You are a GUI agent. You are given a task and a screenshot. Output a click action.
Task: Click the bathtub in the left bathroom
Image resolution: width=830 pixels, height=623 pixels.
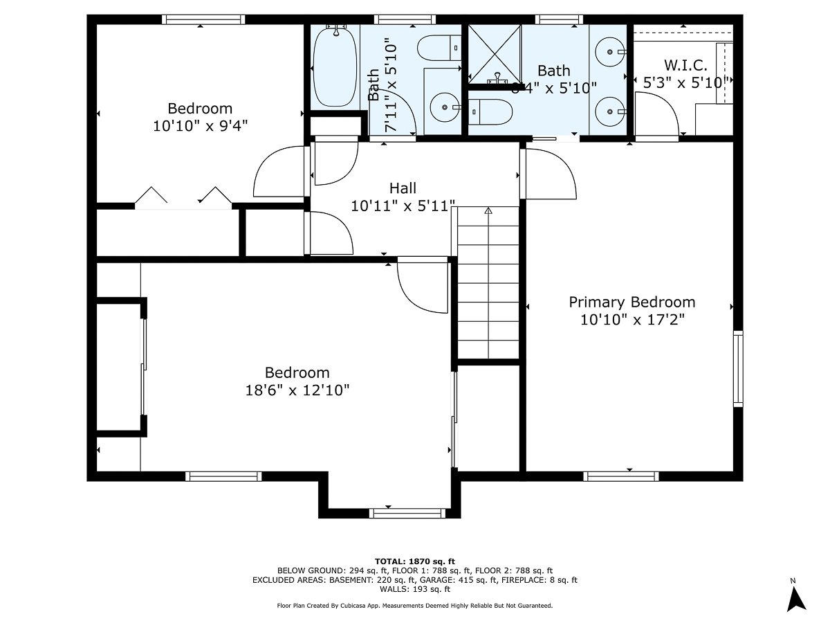pos(335,66)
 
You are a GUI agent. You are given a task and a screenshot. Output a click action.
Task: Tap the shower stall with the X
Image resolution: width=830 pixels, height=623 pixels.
pos(495,53)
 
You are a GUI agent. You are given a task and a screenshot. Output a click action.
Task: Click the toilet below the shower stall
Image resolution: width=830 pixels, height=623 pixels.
pos(491,111)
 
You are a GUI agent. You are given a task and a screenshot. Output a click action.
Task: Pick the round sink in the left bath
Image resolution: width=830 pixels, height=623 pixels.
pos(444,108)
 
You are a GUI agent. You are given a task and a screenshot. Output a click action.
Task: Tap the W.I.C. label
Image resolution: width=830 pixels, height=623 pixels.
pos(685,66)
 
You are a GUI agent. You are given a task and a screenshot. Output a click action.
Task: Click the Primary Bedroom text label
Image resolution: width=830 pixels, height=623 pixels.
pos(631,303)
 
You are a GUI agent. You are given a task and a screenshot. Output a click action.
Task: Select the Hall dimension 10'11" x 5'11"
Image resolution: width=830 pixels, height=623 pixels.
pos(403,206)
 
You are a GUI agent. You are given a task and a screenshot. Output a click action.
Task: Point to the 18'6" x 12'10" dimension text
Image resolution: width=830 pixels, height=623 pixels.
pos(297,390)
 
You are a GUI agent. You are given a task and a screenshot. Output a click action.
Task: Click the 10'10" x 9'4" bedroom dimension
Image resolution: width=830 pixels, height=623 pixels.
pos(200,126)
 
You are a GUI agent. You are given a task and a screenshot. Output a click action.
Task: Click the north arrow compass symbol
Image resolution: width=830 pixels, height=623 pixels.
pos(797,598)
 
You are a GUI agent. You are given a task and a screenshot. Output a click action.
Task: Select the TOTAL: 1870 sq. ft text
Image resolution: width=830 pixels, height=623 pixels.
pos(414,561)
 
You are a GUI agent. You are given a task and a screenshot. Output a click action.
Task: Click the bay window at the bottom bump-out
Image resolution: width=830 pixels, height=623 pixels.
pos(407,513)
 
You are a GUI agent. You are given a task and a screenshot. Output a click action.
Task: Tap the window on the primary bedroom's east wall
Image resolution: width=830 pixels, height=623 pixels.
pos(738,368)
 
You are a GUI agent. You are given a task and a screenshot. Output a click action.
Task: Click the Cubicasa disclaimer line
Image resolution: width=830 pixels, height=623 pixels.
pos(414,606)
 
